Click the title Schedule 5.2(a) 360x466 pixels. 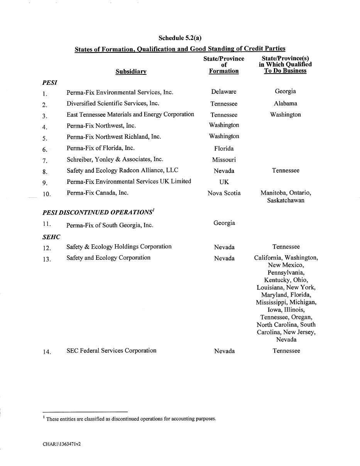pos(180,38)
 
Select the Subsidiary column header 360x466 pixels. pos(131,71)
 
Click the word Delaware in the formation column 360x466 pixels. pos(224,92)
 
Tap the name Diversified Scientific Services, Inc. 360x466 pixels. pos(113,103)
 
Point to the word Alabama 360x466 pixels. pos(286,103)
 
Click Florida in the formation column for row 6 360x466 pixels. pos(224,148)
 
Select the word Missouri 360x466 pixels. pos(224,160)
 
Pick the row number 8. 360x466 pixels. pos(45,172)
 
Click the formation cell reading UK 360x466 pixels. pos(224,182)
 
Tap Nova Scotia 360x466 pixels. pos(224,193)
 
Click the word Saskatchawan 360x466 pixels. pos(286,200)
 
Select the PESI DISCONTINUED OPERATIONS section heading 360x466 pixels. pos(98,212)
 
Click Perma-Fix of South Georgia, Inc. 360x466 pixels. pos(110,225)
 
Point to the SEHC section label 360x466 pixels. pos(51,237)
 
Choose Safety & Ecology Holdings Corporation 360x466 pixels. pos(119,247)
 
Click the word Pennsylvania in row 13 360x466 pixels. pos(286,273)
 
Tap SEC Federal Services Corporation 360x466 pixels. pos(112,351)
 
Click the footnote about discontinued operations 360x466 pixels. pos(131,419)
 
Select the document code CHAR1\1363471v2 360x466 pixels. pos(62,444)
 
